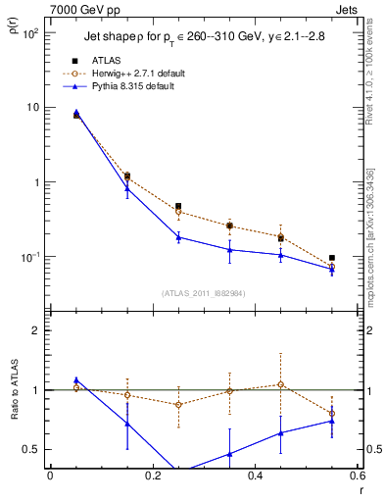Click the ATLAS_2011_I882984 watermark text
click(x=203, y=292)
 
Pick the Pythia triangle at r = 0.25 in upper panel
click(x=178, y=237)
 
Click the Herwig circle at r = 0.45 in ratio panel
click(x=281, y=384)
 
